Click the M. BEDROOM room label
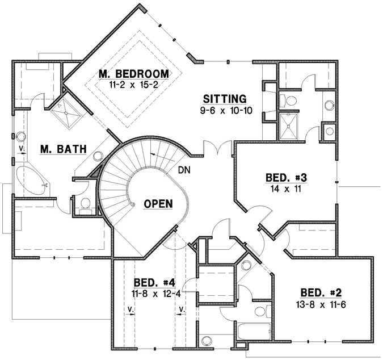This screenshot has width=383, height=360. (x=133, y=74)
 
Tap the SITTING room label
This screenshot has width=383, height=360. (x=225, y=98)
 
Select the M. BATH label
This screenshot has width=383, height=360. (x=63, y=149)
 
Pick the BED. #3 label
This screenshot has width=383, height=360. (x=287, y=178)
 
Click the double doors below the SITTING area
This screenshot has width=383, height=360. (x=218, y=149)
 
